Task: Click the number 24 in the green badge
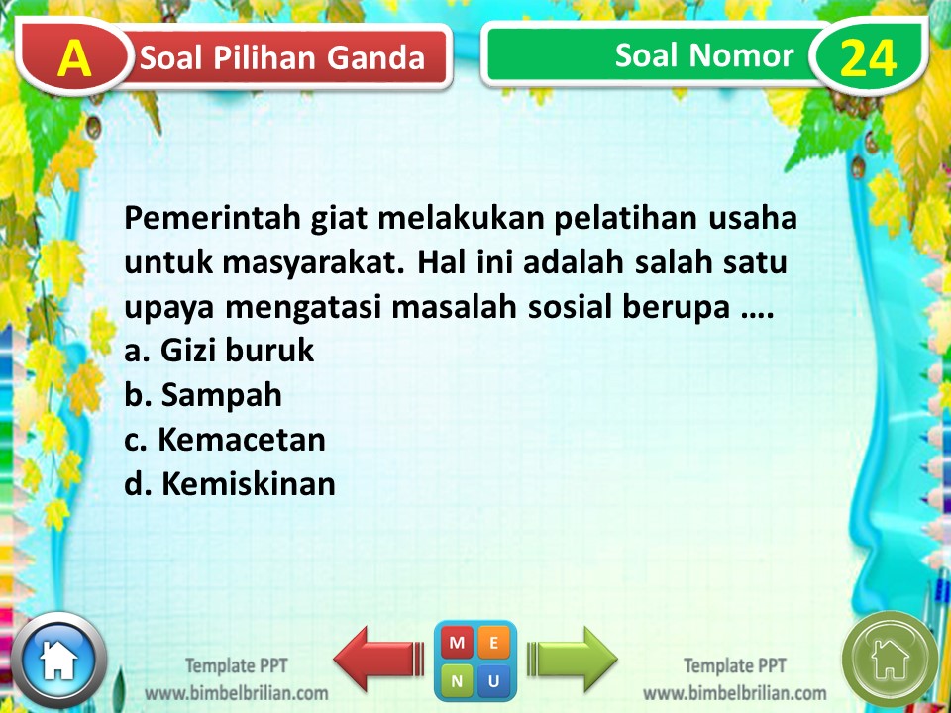click(869, 58)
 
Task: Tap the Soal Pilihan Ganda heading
click(282, 58)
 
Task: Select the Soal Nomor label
click(704, 55)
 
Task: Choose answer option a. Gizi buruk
click(219, 351)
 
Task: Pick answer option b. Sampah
click(203, 395)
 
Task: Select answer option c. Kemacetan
click(225, 439)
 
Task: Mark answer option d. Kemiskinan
click(230, 483)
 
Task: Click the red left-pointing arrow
click(377, 658)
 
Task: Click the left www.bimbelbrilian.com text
click(237, 692)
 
